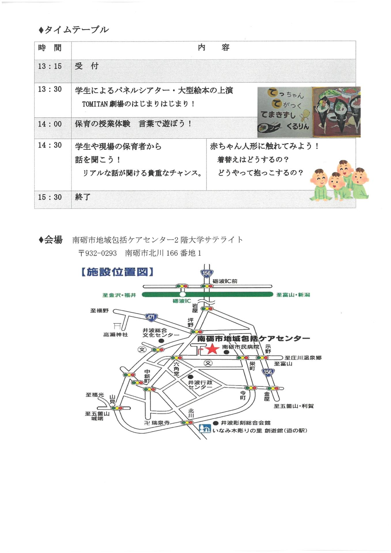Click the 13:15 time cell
click(x=50, y=67)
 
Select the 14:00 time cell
click(x=50, y=124)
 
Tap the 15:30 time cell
click(x=50, y=197)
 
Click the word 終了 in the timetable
click(x=83, y=197)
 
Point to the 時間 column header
click(x=50, y=48)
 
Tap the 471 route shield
click(x=151, y=317)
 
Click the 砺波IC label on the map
click(x=182, y=301)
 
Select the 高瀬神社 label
click(x=116, y=335)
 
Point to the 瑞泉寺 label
click(x=160, y=423)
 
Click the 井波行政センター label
click(x=200, y=385)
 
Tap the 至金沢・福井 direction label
click(x=119, y=295)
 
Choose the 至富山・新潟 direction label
click(x=293, y=295)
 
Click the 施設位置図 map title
click(x=117, y=272)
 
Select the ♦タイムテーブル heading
click(x=73, y=30)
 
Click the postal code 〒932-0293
click(x=98, y=253)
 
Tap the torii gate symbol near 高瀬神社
click(x=117, y=326)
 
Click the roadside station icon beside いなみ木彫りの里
click(x=205, y=429)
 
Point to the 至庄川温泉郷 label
click(x=303, y=358)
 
